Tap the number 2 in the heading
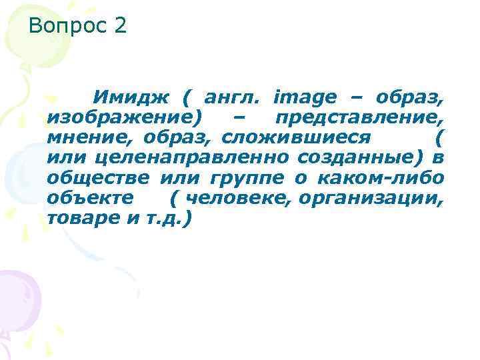[120, 27]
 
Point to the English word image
[305, 97]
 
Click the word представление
[359, 117]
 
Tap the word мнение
[84, 137]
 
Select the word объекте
[90, 198]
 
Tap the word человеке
[241, 198]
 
